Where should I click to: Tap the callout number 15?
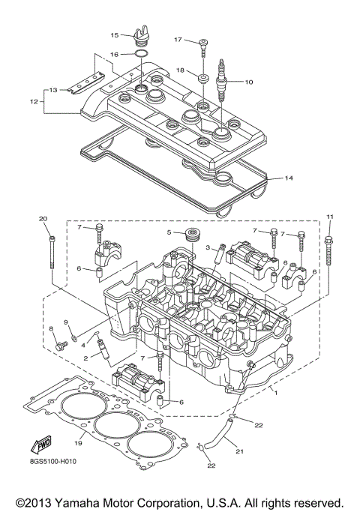[115, 35]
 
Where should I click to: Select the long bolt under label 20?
[51, 251]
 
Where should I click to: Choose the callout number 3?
[207, 247]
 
